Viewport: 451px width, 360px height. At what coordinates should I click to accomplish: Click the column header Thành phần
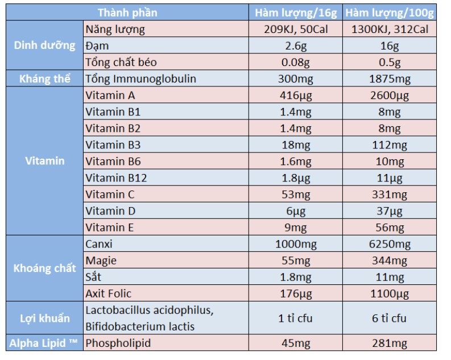127,13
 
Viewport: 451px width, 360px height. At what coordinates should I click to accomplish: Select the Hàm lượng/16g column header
296,13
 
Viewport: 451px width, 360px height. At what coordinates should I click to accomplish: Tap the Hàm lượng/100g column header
390,13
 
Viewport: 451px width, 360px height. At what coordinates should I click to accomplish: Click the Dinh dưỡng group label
45,45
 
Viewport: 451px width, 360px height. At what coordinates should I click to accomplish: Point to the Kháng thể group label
45,78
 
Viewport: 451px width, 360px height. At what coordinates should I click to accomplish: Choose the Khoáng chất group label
45,268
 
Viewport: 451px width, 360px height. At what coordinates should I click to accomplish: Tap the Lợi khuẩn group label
45,318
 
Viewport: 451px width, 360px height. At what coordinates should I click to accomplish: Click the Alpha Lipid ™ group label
45,343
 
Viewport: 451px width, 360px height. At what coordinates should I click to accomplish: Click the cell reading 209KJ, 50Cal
296,29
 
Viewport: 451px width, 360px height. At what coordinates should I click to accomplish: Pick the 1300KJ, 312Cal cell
390,29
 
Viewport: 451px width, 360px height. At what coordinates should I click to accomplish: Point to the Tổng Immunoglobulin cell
140,78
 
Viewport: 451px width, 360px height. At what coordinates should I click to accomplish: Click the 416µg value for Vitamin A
296,95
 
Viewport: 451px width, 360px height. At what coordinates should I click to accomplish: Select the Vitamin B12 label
116,178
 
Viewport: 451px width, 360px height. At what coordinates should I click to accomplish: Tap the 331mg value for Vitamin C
390,195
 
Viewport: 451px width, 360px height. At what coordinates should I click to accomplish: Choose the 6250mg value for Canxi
390,244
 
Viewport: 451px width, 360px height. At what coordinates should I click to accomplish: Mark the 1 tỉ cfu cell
296,318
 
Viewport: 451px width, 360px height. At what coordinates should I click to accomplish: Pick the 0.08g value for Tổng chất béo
296,62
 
